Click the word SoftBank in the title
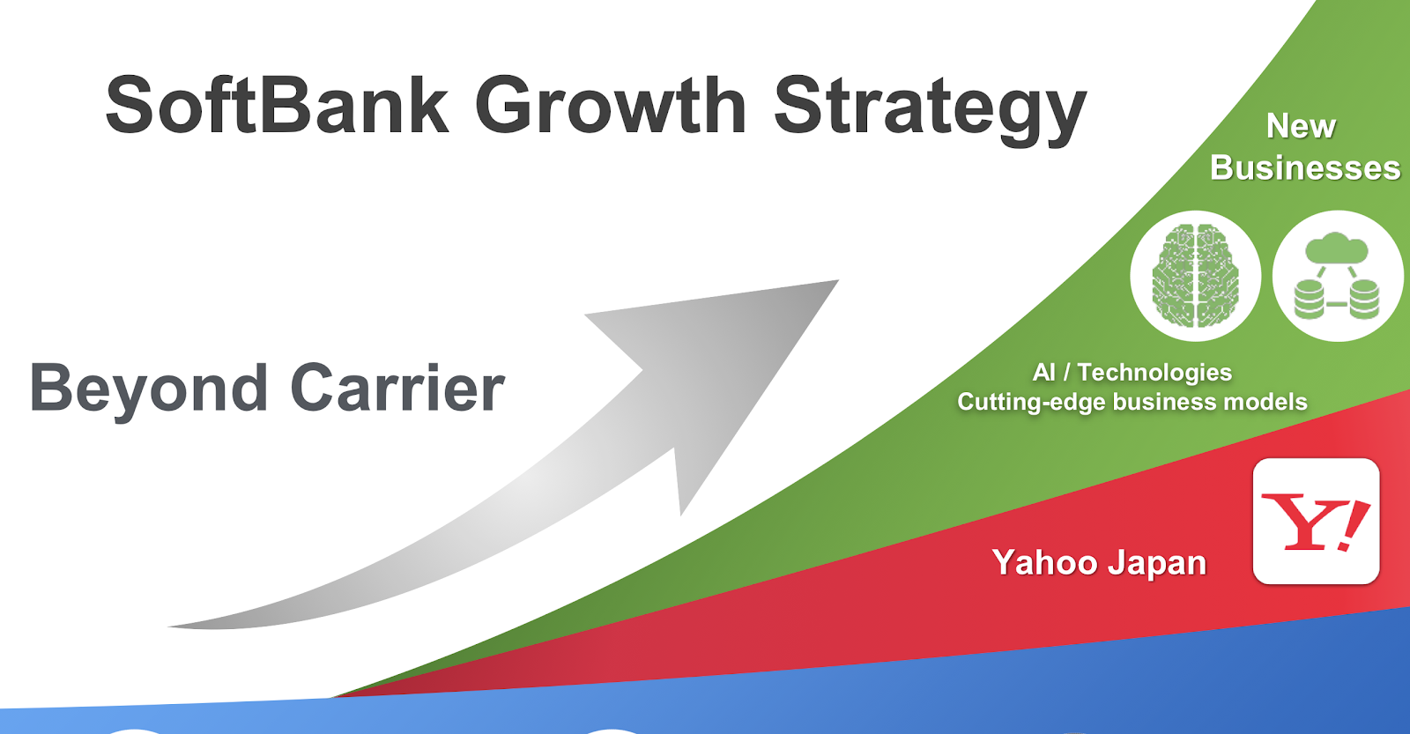pos(277,104)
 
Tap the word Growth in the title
pos(610,104)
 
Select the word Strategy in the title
pos(931,110)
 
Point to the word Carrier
pos(397,388)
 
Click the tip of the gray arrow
pos(838,281)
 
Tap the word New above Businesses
pos(1301,126)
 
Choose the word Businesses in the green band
pos(1305,168)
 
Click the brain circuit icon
pos(1195,276)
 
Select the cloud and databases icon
pos(1338,276)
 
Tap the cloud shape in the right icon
pos(1336,248)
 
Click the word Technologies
pos(1154,373)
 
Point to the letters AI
pos(1043,373)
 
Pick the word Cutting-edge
pos(1031,403)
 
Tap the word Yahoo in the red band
pos(1044,562)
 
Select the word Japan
pos(1157,564)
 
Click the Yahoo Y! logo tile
pos(1317,522)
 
